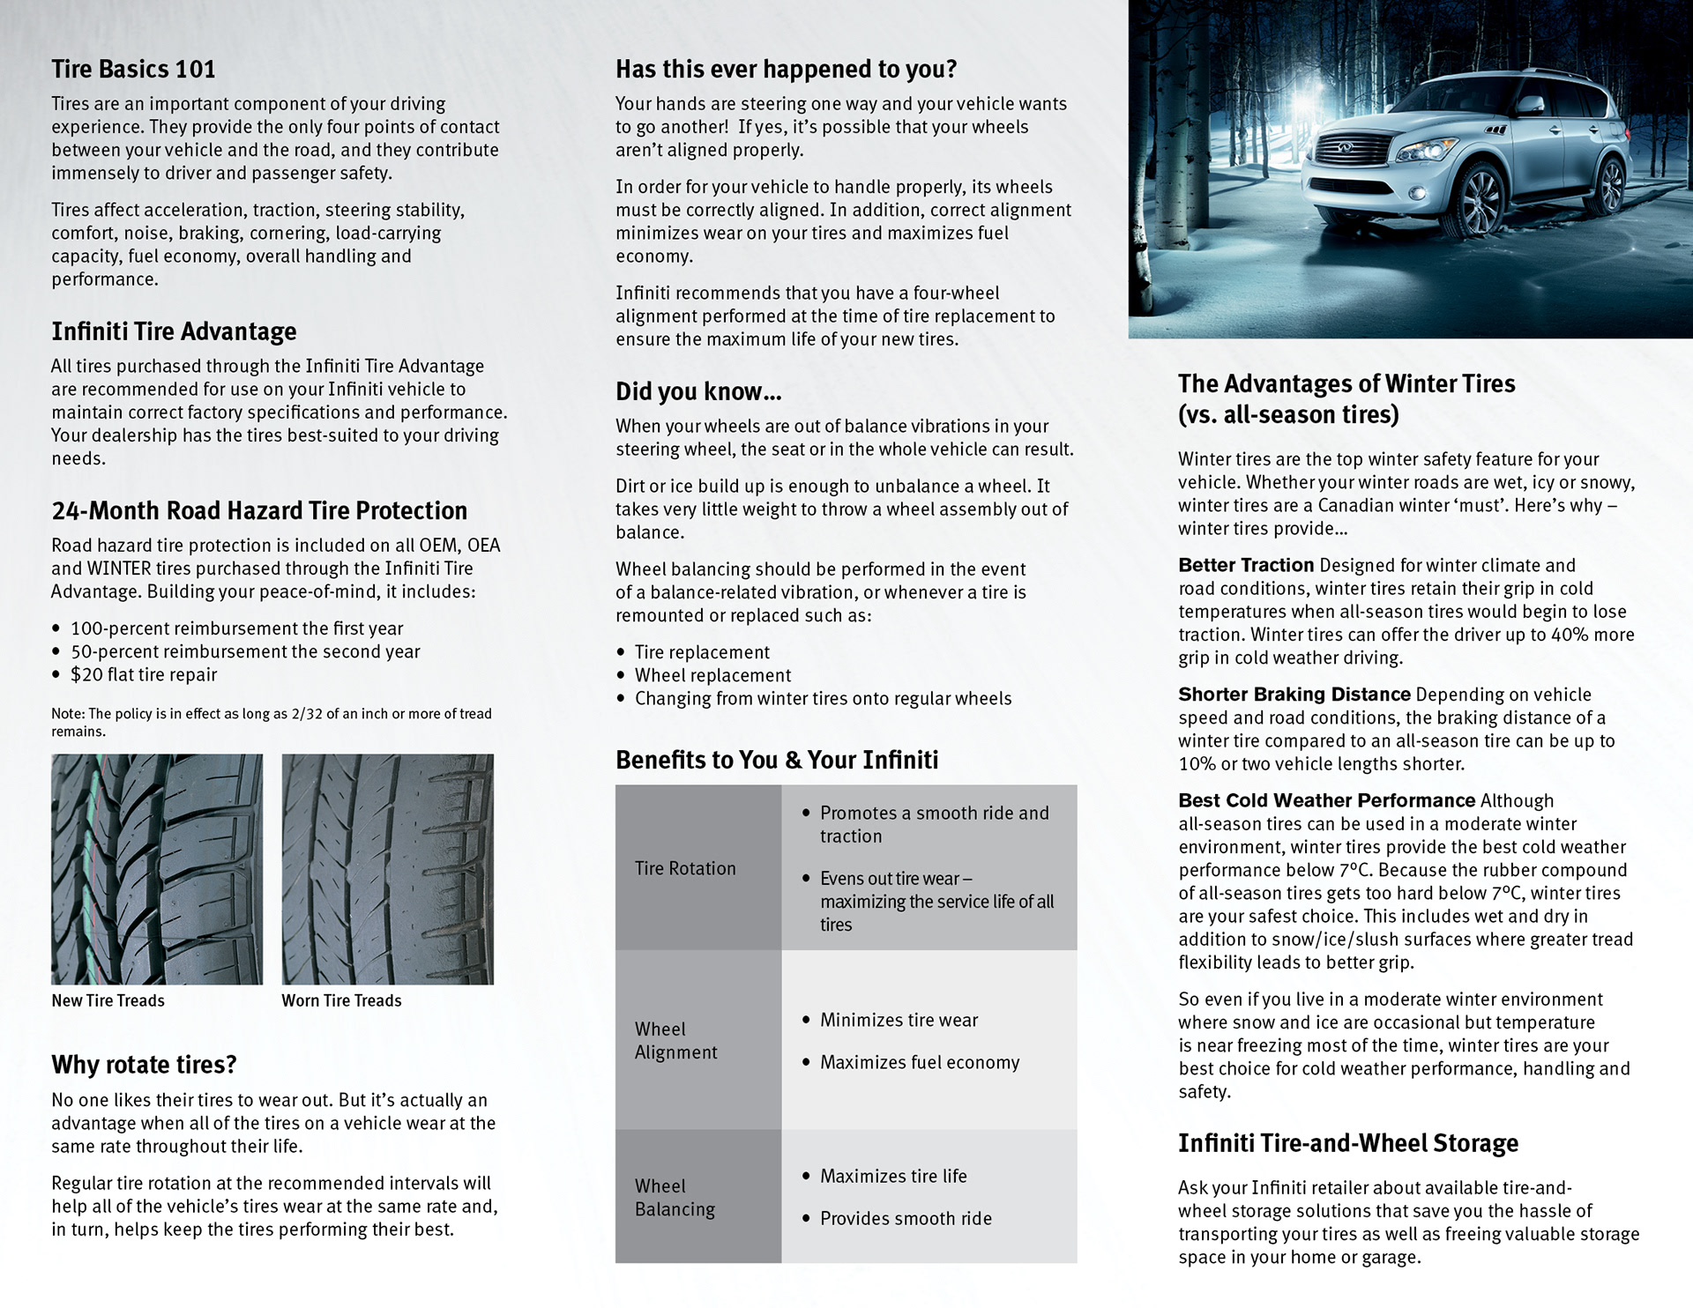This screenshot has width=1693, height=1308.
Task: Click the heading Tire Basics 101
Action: (133, 69)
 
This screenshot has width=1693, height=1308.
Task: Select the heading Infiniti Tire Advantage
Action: (174, 331)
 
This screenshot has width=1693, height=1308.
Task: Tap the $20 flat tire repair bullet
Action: (144, 674)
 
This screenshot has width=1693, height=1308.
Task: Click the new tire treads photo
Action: (157, 868)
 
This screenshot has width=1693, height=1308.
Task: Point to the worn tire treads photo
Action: (387, 868)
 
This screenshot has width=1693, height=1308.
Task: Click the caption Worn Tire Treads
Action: (341, 1000)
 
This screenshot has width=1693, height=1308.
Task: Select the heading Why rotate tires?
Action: (144, 1065)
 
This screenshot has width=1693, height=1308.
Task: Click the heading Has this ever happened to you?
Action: (786, 69)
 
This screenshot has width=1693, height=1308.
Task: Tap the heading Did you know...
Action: (698, 391)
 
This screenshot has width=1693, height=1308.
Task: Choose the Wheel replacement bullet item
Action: (712, 675)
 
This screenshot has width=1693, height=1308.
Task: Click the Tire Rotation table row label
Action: (685, 868)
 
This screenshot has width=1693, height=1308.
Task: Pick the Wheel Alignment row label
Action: (676, 1040)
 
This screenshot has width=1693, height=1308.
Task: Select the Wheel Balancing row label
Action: (675, 1197)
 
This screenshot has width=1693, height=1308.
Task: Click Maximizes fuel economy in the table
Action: (920, 1062)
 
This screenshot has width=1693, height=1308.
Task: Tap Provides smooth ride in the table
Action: (906, 1218)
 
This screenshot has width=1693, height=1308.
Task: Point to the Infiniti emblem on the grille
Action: (1346, 147)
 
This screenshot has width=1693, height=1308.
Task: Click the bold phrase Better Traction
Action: (1246, 565)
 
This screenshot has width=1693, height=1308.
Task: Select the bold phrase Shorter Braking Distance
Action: (1294, 695)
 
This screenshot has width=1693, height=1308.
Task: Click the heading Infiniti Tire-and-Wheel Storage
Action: (1348, 1143)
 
